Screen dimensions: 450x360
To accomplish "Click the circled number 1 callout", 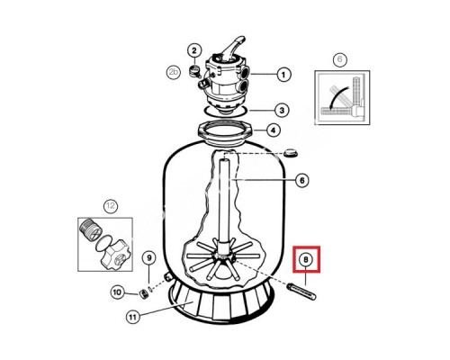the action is click(x=283, y=75).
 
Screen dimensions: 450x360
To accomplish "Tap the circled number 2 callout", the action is click(x=194, y=50).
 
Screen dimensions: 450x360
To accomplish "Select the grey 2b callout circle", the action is click(x=174, y=72).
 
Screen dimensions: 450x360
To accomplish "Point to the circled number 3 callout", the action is click(x=282, y=111).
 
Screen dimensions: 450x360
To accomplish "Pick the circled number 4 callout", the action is click(x=273, y=130).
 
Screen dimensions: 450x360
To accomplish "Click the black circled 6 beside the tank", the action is click(x=301, y=180).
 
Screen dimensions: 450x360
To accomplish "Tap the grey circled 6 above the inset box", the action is click(x=339, y=59).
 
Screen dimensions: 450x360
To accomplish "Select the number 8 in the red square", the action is click(x=306, y=259).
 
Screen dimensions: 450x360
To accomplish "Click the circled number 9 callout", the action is click(x=149, y=258).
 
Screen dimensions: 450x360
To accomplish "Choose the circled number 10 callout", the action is click(x=118, y=292).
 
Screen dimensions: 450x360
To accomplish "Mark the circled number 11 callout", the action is click(x=133, y=317).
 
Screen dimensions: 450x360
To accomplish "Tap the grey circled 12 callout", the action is click(x=111, y=206).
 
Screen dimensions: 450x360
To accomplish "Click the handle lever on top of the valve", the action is click(x=232, y=47).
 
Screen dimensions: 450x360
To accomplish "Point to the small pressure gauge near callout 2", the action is click(x=193, y=70).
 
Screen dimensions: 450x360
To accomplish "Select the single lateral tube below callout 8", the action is click(x=301, y=292).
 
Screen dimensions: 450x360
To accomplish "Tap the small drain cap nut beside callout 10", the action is click(x=144, y=294).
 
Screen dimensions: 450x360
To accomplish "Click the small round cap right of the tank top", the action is click(x=291, y=153).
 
